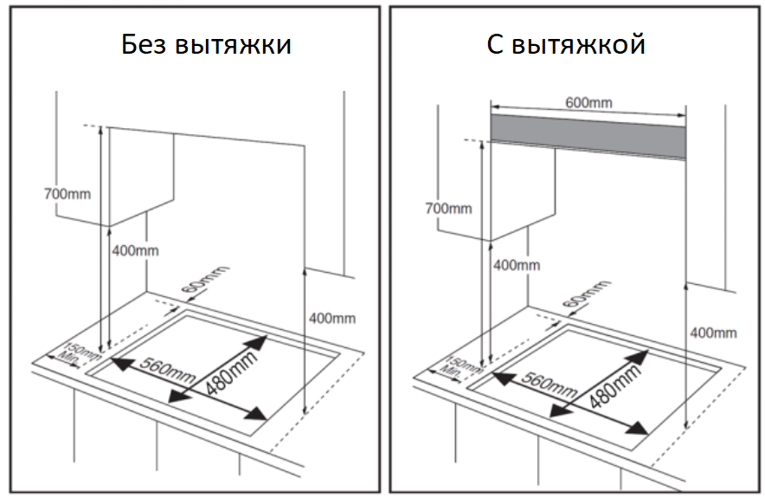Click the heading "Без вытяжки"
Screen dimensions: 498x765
[205, 45]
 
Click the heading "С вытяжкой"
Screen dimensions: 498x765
[565, 45]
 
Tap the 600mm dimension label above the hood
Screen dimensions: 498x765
[588, 103]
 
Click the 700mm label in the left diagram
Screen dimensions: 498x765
[67, 193]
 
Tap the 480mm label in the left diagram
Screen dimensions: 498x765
[229, 368]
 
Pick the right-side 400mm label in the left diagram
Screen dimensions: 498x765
[332, 319]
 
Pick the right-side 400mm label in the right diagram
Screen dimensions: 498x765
[714, 333]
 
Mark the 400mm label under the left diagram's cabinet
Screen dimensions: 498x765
[135, 250]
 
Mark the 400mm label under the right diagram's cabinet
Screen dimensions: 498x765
[517, 264]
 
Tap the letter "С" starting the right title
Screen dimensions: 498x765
[496, 45]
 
